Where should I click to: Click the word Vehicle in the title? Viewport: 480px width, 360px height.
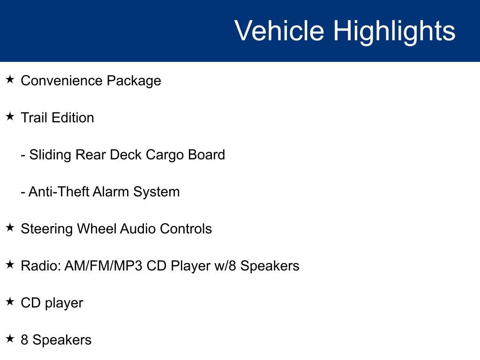pos(279,31)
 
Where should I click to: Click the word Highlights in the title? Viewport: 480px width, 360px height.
pos(394,31)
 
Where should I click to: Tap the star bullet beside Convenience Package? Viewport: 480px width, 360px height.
pos(10,80)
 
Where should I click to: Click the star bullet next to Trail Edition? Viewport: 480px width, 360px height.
pos(10,117)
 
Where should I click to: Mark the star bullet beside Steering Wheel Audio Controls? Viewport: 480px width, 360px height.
pos(10,228)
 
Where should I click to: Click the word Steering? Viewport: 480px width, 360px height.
pos(47,229)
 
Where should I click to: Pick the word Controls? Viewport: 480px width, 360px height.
pos(186,229)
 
